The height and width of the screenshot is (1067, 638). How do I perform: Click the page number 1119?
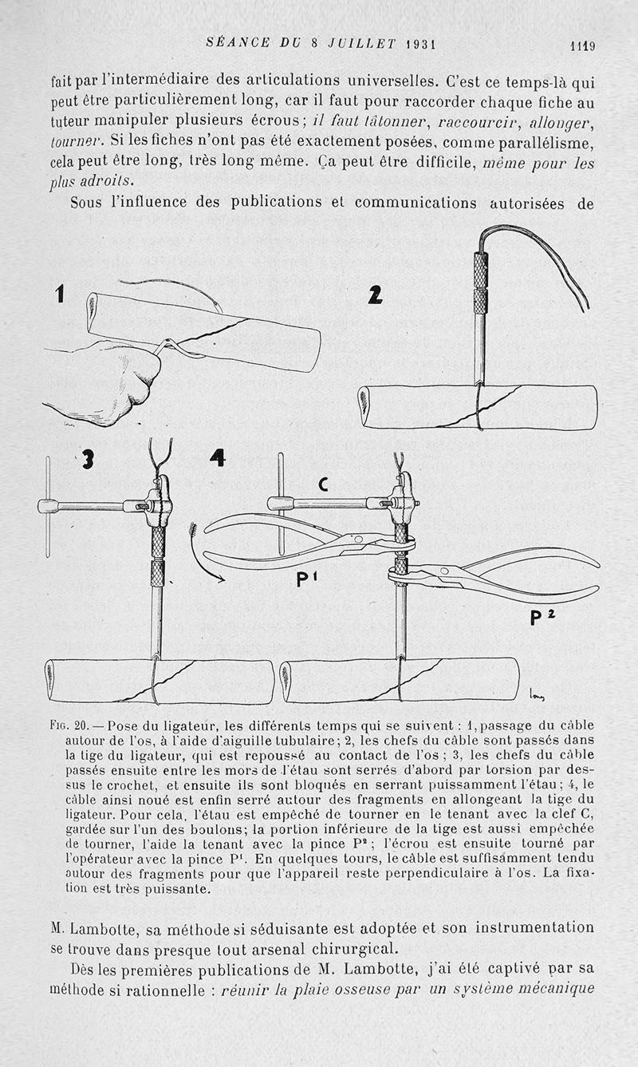(x=582, y=45)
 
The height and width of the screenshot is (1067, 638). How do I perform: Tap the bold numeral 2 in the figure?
(x=375, y=295)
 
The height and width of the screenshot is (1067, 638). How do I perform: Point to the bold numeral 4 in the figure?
(x=217, y=458)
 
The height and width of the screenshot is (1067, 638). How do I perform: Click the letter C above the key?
(x=324, y=484)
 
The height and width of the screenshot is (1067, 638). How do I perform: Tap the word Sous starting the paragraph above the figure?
(x=86, y=203)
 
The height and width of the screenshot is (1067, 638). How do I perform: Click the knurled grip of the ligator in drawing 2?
(x=481, y=283)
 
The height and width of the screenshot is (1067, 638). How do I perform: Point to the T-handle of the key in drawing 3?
(x=49, y=505)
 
